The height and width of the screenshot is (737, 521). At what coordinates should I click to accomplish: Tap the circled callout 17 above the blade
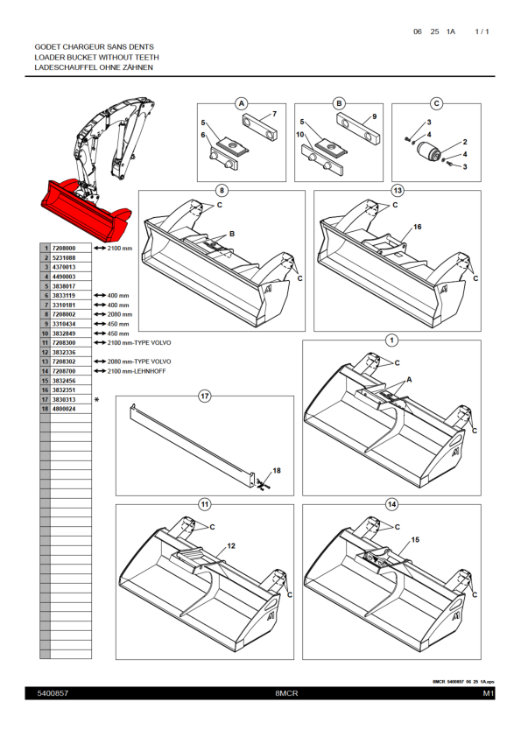tap(205, 397)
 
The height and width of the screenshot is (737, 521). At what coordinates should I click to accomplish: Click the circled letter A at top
tap(242, 103)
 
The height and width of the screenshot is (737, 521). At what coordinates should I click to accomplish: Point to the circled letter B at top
tap(340, 103)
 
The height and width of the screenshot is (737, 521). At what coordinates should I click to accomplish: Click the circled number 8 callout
tap(222, 189)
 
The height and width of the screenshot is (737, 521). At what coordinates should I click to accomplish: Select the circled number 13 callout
tap(398, 189)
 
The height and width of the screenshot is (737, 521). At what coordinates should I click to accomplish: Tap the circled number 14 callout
tap(391, 504)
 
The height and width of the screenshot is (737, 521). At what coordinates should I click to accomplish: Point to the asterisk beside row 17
tap(97, 400)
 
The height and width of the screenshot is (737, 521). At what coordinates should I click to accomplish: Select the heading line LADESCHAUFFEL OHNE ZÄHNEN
tap(94, 67)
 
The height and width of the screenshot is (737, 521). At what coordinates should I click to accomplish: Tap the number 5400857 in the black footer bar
tap(53, 693)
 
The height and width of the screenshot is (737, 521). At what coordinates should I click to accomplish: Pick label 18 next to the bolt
tap(277, 471)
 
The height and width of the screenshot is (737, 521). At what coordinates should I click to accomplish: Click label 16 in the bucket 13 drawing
tap(418, 227)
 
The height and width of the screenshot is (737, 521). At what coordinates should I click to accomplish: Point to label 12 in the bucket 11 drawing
tap(231, 545)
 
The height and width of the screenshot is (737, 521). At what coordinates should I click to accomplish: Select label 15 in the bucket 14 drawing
tap(416, 540)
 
